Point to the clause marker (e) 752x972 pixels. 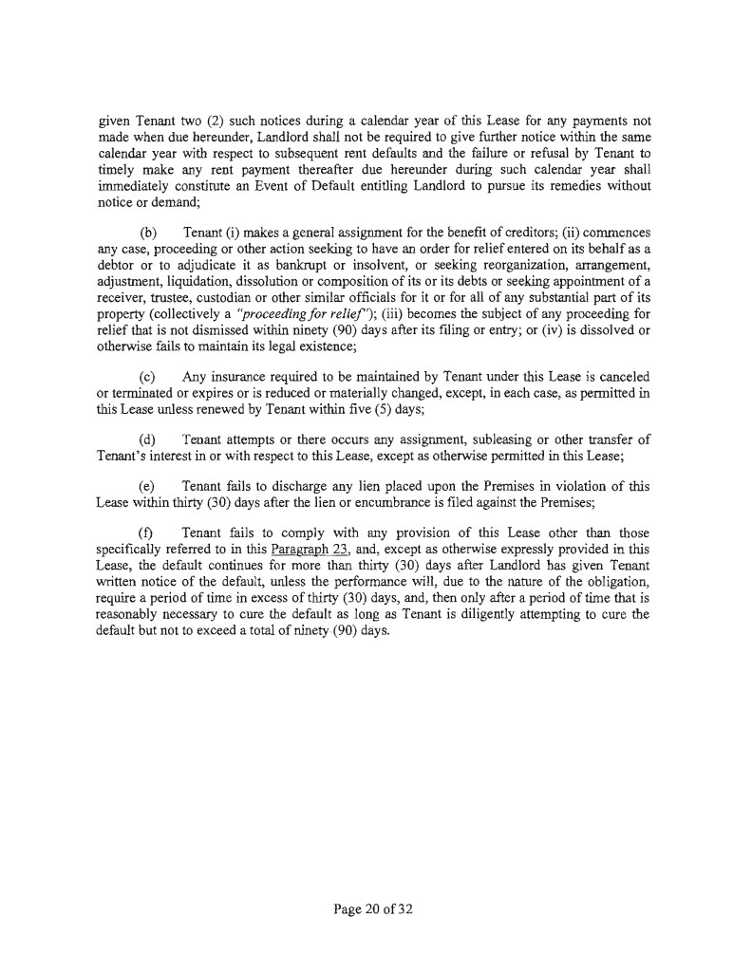pos(149,486)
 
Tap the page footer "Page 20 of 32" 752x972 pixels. pos(374,909)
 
